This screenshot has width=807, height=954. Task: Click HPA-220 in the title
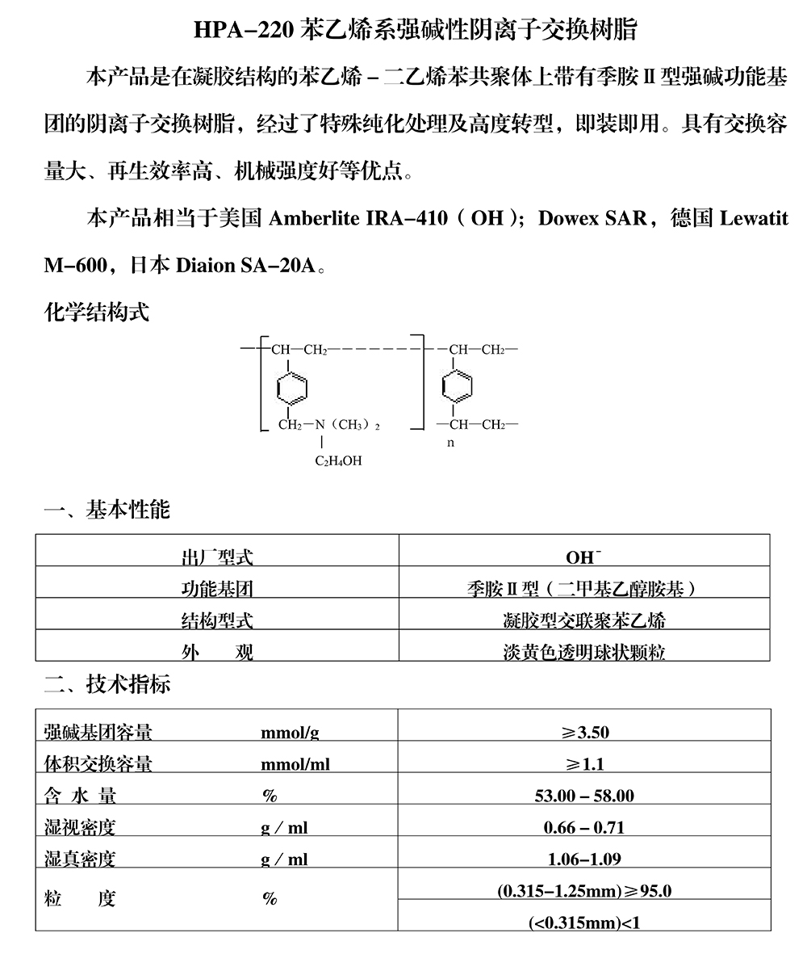[x=242, y=31]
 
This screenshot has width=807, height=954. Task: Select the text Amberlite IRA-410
[x=357, y=220]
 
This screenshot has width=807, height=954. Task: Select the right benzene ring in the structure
[x=457, y=387]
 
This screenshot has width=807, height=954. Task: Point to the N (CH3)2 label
[x=346, y=425]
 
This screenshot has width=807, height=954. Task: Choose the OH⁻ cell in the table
[x=583, y=557]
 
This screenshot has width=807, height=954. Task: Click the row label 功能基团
[x=216, y=590]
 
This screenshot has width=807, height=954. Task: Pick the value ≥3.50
[x=585, y=733]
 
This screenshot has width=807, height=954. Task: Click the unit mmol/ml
[x=295, y=764]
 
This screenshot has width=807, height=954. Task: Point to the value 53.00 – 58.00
[x=584, y=796]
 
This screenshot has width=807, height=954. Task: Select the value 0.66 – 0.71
[x=584, y=828]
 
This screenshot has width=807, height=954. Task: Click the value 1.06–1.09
[x=584, y=859]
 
